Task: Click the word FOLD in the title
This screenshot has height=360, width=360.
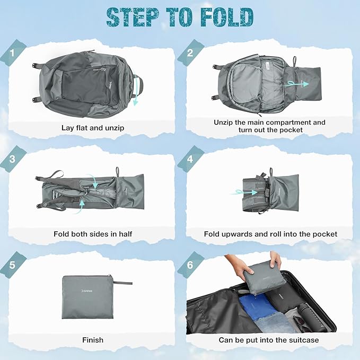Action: pyautogui.click(x=227, y=17)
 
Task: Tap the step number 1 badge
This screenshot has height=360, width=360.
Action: pyautogui.click(x=12, y=53)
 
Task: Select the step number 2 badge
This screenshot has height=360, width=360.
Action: pyautogui.click(x=190, y=53)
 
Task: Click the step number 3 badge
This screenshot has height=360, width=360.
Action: pyautogui.click(x=12, y=159)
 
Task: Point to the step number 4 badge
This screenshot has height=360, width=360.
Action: pyautogui.click(x=190, y=159)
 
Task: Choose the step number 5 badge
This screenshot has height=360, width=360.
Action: pyautogui.click(x=12, y=265)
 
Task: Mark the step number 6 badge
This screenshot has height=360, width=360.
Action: pyautogui.click(x=190, y=265)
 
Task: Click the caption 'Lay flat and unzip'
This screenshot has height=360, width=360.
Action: pyautogui.click(x=93, y=128)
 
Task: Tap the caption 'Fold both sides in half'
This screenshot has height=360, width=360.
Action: pyautogui.click(x=93, y=234)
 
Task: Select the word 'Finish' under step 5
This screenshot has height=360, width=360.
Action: pyautogui.click(x=93, y=340)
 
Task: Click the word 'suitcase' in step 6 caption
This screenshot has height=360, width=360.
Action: pyautogui.click(x=304, y=340)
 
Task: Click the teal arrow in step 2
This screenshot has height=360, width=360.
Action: pyautogui.click(x=296, y=84)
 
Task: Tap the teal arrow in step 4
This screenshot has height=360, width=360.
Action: pyautogui.click(x=244, y=192)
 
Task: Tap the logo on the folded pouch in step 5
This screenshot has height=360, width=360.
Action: pyautogui.click(x=87, y=291)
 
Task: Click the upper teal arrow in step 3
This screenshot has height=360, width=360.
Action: pyautogui.click(x=93, y=181)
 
